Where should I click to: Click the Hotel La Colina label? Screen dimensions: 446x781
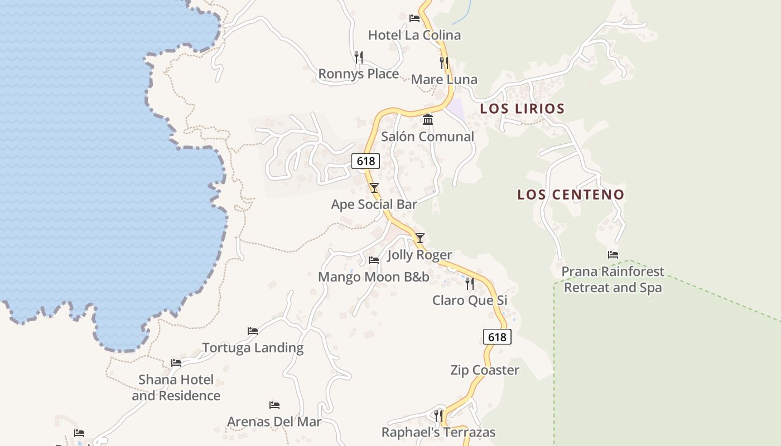coord(414,35)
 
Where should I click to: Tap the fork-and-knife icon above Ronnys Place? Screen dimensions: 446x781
coord(359,57)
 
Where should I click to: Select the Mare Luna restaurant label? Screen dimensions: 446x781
coord(444,79)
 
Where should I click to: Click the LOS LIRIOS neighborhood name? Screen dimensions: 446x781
coord(522,109)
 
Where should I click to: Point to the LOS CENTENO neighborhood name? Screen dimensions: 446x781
coord(571,195)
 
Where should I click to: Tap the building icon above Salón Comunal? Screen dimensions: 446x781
coord(428,119)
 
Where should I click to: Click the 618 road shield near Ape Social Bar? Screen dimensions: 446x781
coord(366,161)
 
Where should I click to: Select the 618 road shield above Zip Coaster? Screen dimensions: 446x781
coord(496,337)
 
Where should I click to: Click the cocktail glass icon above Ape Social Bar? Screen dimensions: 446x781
coord(374,188)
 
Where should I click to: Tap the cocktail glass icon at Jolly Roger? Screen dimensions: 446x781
coord(420,238)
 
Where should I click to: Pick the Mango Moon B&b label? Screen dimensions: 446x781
coord(374,277)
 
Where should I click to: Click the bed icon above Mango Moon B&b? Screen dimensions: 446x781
coord(374,260)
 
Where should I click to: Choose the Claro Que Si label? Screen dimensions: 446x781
coord(470,300)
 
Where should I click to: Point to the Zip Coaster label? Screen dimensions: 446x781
coord(485,370)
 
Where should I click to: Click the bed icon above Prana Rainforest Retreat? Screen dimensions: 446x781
coord(613,255)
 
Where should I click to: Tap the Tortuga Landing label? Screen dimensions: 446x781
coord(253,348)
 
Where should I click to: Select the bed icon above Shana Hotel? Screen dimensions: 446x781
coord(176,363)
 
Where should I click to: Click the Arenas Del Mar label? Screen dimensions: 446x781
coord(274,421)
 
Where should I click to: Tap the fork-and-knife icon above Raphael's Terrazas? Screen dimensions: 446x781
coord(438,415)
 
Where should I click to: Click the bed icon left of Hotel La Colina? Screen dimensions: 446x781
coord(414,18)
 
